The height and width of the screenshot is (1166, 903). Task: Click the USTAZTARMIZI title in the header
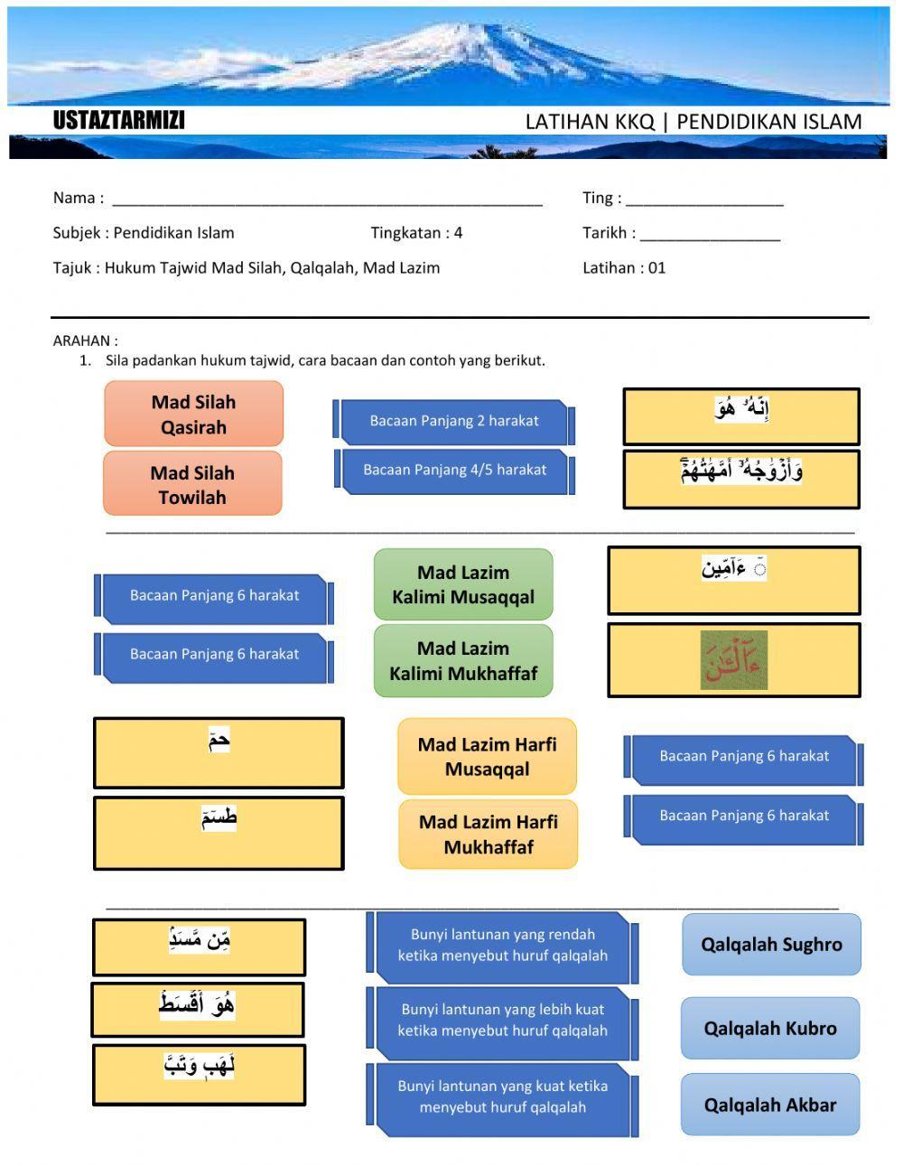118,121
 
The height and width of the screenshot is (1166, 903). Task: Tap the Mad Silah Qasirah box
193,415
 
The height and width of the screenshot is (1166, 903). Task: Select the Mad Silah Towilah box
192,485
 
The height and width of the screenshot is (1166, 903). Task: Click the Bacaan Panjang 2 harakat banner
453,421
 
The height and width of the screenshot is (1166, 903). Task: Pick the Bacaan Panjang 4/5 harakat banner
454,471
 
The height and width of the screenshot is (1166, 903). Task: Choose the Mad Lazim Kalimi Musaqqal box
463,584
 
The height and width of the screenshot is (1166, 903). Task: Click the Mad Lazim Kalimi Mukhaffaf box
463,661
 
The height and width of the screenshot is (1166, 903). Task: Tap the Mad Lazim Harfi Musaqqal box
487,757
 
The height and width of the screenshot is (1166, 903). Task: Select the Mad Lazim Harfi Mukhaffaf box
488,835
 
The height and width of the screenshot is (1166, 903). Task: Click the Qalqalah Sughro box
771,945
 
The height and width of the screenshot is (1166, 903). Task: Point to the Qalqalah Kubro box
770,1029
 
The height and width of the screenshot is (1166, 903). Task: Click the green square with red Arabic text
734,660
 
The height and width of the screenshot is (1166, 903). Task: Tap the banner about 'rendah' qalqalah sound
502,946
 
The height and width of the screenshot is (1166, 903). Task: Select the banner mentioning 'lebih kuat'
502,1021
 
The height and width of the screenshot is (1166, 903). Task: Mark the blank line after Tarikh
710,236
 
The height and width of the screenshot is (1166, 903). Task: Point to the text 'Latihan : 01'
624,268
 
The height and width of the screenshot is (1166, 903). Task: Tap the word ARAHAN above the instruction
85,341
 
